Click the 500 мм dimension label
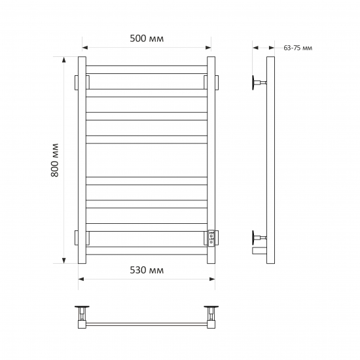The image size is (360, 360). point(147,39)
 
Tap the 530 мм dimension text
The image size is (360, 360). point(147,270)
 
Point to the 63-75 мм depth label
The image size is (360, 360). point(298,48)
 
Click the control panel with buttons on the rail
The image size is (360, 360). point(211,238)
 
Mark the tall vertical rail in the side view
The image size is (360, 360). point(270,160)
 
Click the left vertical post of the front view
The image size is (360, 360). point(82,160)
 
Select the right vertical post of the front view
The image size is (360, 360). point(211,160)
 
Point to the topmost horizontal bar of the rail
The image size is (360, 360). point(147,68)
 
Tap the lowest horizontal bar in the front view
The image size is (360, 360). point(147,250)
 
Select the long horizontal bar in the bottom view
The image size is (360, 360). point(147,323)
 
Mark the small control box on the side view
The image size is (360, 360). point(259,249)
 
